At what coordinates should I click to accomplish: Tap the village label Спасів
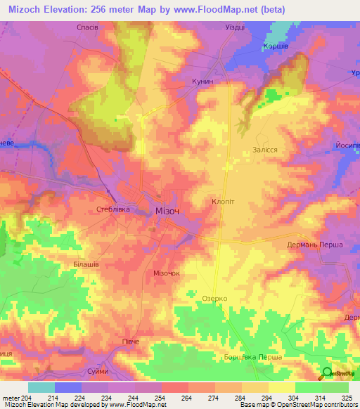86,27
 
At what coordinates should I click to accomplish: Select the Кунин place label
202,82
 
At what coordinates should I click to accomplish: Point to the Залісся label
265,150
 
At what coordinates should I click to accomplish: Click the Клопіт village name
223,201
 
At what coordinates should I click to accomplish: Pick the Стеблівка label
112,209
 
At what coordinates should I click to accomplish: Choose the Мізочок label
167,273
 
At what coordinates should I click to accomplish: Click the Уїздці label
234,27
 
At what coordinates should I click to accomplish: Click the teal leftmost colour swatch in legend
41,387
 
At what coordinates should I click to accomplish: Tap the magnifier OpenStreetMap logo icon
326,373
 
